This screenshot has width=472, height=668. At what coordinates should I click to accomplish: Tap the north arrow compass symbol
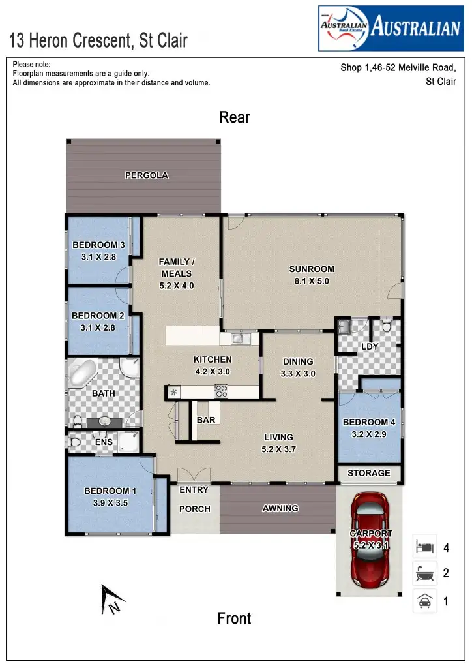(110, 600)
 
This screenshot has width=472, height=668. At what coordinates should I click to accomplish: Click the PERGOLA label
(147, 175)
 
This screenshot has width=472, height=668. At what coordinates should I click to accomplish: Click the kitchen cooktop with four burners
(222, 391)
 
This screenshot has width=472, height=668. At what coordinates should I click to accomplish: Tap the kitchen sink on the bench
(238, 338)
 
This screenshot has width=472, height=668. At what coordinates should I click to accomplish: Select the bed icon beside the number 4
(424, 546)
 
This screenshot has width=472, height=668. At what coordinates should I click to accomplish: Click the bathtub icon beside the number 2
(424, 573)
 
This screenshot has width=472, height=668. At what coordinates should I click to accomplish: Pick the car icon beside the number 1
(424, 601)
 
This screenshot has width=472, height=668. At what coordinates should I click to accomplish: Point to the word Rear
(235, 117)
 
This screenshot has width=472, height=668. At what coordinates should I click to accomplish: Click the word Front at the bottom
(234, 618)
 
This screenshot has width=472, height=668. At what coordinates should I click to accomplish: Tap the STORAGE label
(369, 473)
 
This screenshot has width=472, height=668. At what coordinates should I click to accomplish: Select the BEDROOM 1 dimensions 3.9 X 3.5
(110, 503)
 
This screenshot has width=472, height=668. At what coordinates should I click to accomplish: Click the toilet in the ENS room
(75, 442)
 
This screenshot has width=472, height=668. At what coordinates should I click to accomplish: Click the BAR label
(206, 420)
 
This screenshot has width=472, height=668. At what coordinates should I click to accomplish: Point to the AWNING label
(280, 508)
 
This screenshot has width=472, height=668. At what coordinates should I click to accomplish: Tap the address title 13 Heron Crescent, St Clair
(98, 41)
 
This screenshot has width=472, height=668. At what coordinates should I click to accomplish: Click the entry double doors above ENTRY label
(194, 476)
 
